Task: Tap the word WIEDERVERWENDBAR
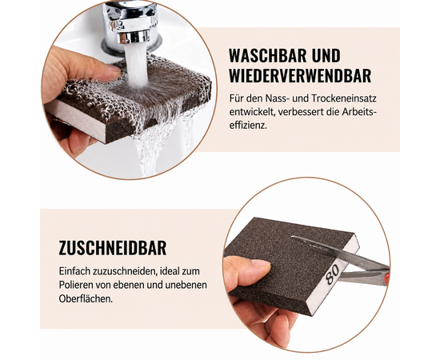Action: tap(300, 75)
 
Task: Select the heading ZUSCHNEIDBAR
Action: tap(113, 248)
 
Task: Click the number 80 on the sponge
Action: tap(333, 274)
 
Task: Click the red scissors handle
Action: tap(387, 278)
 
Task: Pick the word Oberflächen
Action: tap(86, 299)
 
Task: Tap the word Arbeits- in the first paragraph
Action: tap(359, 112)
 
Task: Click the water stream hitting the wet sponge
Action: tap(137, 65)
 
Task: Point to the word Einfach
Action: tap(74, 272)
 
